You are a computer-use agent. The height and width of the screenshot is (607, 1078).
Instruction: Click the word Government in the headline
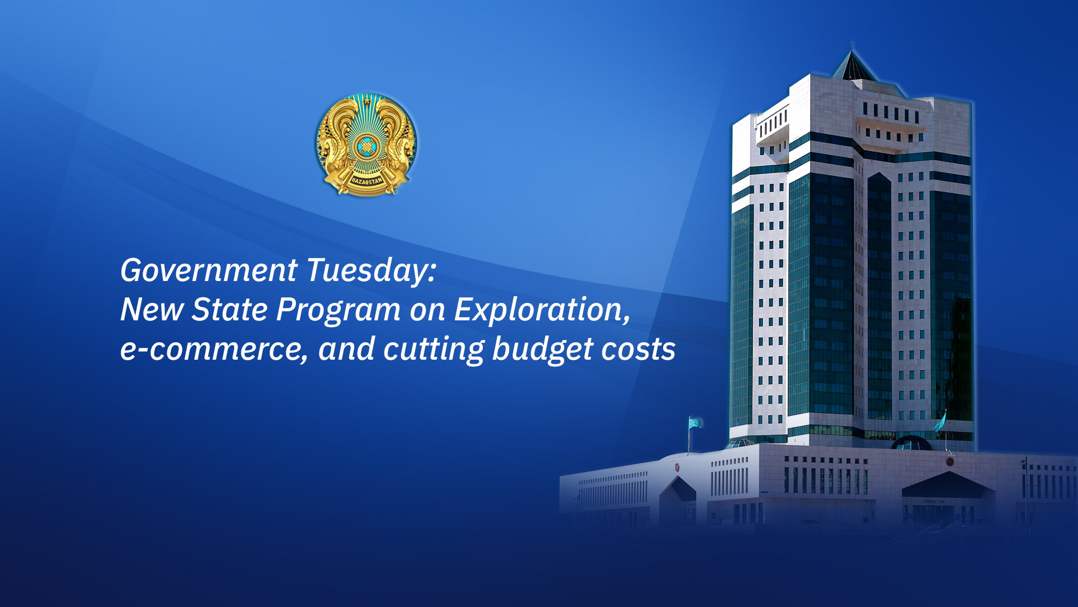tap(209, 271)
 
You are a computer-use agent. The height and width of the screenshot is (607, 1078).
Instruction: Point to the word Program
tap(339, 310)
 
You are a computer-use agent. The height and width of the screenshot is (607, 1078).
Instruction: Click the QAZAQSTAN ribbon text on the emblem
tap(367, 182)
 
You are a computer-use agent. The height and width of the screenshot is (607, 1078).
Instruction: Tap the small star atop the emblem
tap(367, 101)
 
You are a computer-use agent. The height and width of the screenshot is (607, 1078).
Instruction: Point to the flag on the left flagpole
tap(695, 423)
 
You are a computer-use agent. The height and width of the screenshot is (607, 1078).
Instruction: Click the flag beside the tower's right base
tap(940, 422)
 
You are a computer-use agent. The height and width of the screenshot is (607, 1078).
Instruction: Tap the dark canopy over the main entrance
tap(947, 485)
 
